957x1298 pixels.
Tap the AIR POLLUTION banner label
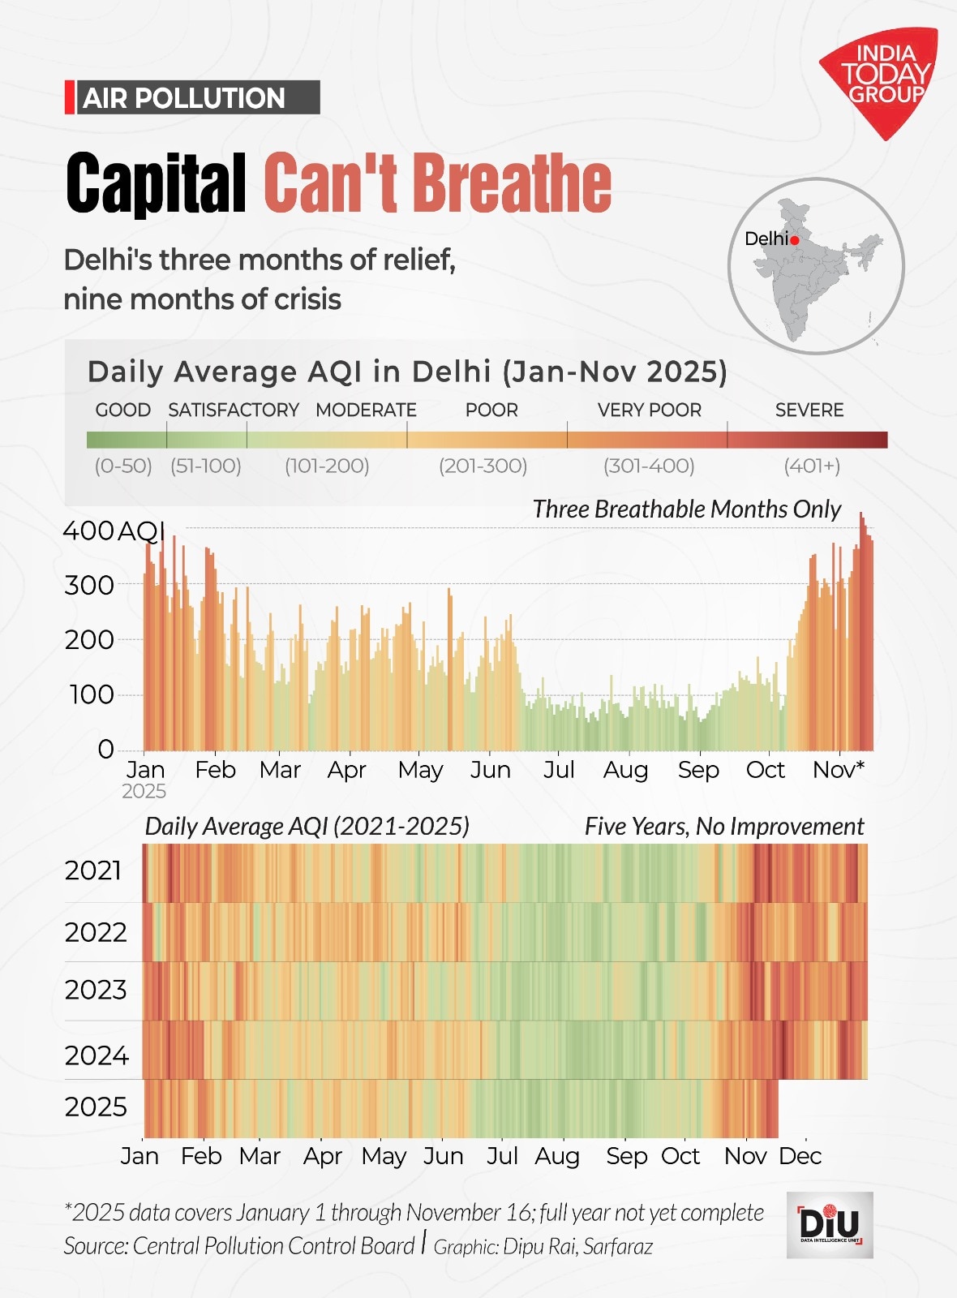[x=185, y=98]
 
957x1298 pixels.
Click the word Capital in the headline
[x=156, y=183]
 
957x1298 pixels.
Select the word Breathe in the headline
[x=512, y=183]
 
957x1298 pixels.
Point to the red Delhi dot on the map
[x=795, y=240]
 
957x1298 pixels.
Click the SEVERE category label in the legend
[x=809, y=410]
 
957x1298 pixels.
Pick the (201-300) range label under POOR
[x=483, y=466]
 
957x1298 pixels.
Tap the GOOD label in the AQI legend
[x=122, y=410]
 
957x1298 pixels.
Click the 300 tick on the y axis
[x=89, y=585]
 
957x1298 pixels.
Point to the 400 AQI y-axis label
[x=114, y=531]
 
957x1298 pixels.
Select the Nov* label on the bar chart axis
[x=839, y=769]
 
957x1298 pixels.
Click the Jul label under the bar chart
[x=559, y=769]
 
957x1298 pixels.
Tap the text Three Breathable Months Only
[x=686, y=509]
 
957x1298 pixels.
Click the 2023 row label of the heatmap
[x=96, y=991]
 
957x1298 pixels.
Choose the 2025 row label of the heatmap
[x=96, y=1107]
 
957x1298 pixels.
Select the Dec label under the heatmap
[x=800, y=1156]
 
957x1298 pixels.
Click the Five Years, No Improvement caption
[x=723, y=827]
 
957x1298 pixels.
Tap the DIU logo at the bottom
[x=829, y=1224]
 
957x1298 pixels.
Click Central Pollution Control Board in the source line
[x=273, y=1246]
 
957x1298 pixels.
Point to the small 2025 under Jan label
[x=144, y=792]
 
